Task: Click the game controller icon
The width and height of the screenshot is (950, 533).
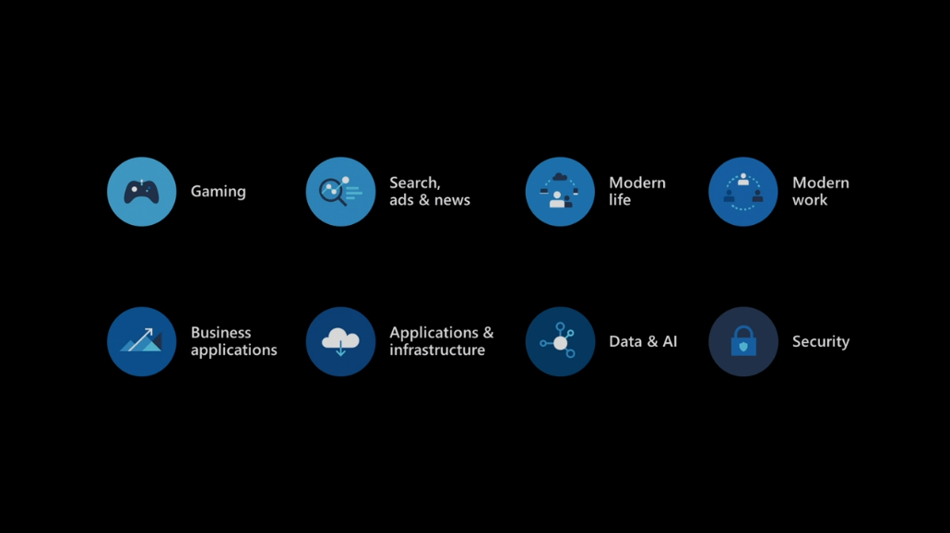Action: (x=141, y=192)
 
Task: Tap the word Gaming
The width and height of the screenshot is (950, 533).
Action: (x=218, y=192)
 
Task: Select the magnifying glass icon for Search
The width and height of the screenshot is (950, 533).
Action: (x=340, y=192)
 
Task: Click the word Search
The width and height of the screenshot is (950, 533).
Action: (x=414, y=183)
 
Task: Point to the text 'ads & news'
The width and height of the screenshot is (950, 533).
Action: (x=429, y=200)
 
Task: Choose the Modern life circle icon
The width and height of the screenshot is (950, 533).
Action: (x=560, y=192)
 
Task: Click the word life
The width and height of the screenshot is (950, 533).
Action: (x=620, y=200)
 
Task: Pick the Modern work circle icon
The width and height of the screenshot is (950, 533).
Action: (x=742, y=192)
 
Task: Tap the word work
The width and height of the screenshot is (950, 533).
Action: (x=809, y=200)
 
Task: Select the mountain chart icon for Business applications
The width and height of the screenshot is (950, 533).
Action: (x=141, y=341)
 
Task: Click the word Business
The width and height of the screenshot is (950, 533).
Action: (x=220, y=333)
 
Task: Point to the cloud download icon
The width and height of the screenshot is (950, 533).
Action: (x=340, y=341)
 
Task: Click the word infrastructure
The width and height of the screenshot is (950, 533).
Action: (x=436, y=350)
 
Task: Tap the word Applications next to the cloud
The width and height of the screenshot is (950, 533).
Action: (x=433, y=333)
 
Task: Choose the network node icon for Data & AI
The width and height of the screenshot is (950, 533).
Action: (x=560, y=341)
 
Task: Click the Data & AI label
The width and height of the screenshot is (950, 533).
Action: (x=643, y=341)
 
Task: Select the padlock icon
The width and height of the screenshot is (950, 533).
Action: (x=742, y=341)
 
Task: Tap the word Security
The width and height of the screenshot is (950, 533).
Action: (x=820, y=341)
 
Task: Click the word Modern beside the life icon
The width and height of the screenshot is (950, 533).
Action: (x=636, y=183)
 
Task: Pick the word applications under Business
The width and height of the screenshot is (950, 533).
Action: (x=233, y=350)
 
